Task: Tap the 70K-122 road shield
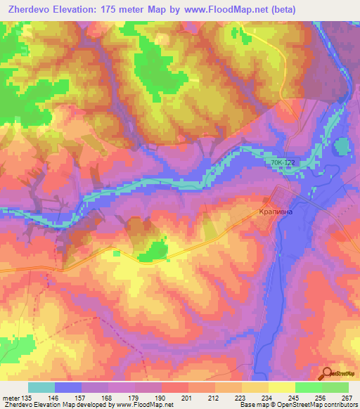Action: (283, 163)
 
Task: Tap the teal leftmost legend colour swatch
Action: (41, 388)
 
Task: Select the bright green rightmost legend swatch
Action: (335, 388)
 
